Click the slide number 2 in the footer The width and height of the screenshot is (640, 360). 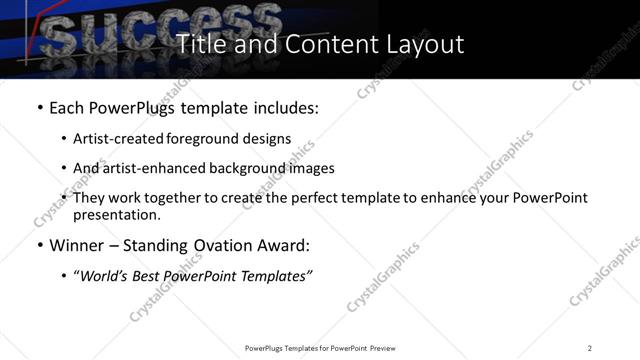coord(590,348)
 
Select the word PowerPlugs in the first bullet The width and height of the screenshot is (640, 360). coord(131,106)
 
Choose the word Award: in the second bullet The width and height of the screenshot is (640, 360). coord(288,245)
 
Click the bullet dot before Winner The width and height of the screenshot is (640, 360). coord(39,245)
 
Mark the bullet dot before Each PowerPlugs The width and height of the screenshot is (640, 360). coord(39,106)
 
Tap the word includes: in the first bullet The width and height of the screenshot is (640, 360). coord(286,106)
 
